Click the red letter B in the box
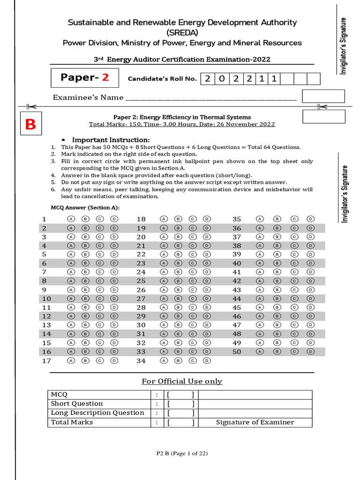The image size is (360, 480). coord(30,125)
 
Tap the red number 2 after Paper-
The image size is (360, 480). coord(105,77)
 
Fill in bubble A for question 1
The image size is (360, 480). coord(71,219)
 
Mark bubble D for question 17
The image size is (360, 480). coord(114,360)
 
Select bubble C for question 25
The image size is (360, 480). coord(193,281)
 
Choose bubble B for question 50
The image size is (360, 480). coord(277,352)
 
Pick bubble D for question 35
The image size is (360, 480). coord(310,219)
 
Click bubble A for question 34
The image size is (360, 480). coord(164,360)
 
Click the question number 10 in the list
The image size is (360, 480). coord(46,299)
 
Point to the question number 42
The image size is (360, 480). coord(237,281)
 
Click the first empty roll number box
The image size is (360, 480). coord(287,79)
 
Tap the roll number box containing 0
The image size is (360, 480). coord(221,79)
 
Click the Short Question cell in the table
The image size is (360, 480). coord(77,404)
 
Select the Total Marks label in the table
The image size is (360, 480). coord(72,422)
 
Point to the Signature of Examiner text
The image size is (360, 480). coord(255,422)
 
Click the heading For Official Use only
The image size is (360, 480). coord(182,381)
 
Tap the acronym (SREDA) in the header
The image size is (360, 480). coord(182,32)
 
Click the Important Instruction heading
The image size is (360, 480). coord(111,140)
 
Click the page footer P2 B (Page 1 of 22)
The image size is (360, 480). coord(182,453)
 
